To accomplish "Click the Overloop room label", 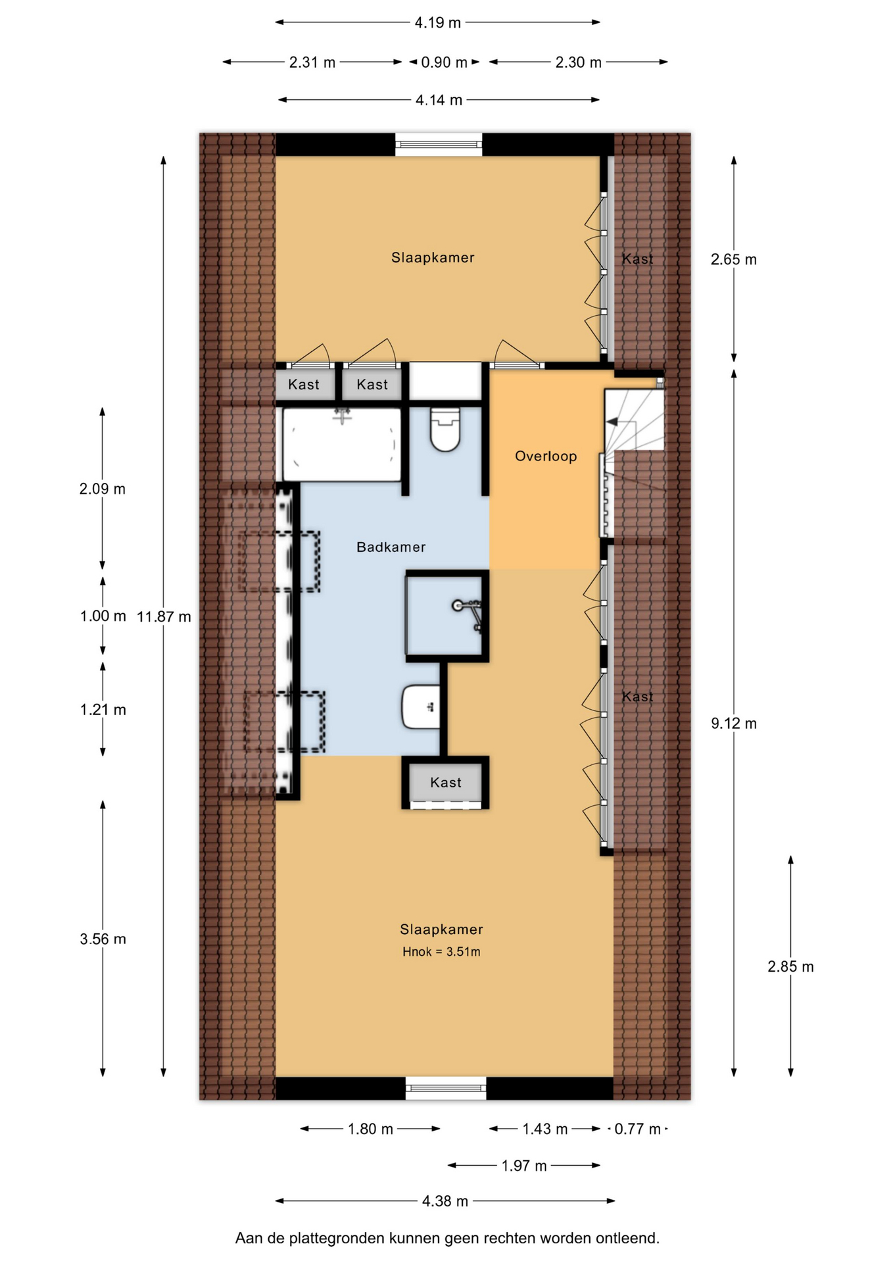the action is coord(546,456).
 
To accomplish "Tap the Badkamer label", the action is coord(391,547).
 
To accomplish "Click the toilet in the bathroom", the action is coord(445,430).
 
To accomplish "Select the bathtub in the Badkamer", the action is coord(342,445).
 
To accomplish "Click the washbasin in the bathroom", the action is coord(421,706).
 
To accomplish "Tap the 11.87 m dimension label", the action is coord(164,616).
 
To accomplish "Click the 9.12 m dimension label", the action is coord(734,724).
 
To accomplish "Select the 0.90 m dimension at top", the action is coord(445,62).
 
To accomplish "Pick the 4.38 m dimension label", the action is coord(445,1201).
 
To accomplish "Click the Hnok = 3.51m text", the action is coord(441,952).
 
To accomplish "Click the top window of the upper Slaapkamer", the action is coord(439,144).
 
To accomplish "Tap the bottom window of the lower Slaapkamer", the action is coord(446,1089).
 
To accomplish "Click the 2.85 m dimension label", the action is coord(790,967).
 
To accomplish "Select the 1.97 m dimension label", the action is coord(524,1166).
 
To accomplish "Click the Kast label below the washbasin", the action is coord(446,782).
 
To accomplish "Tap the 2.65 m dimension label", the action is coord(734,260).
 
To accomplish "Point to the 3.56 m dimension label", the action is coord(103,939).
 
